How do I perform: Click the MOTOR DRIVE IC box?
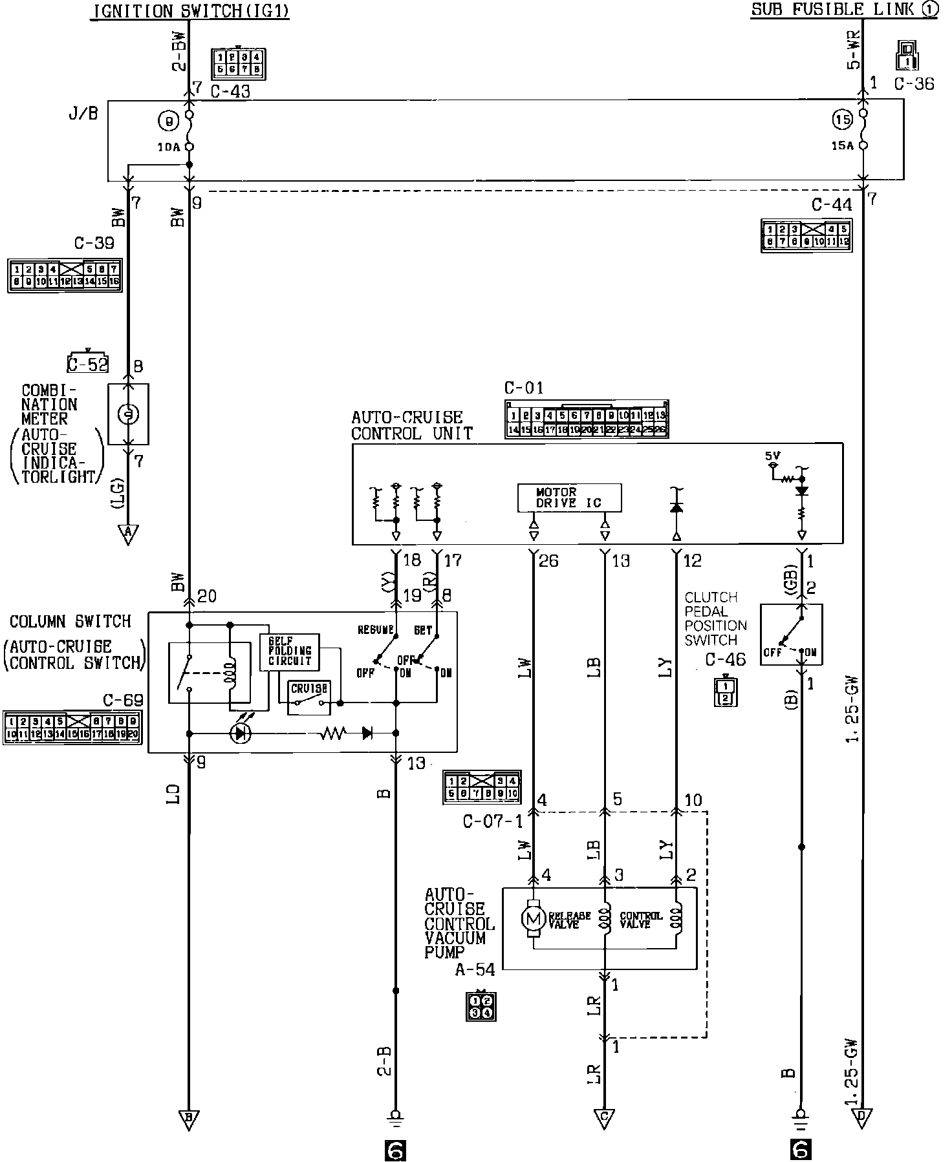click(x=569, y=497)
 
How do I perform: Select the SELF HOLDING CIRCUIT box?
click(x=289, y=651)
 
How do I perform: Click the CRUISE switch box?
click(x=309, y=698)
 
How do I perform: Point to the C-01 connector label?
click(x=524, y=388)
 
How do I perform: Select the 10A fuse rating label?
click(x=169, y=147)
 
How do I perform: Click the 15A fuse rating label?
click(x=843, y=146)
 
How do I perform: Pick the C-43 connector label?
click(x=230, y=92)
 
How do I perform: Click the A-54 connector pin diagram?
click(x=481, y=1006)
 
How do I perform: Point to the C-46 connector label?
click(x=725, y=659)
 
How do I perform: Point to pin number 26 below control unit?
click(x=548, y=561)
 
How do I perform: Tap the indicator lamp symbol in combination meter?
click(x=128, y=414)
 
